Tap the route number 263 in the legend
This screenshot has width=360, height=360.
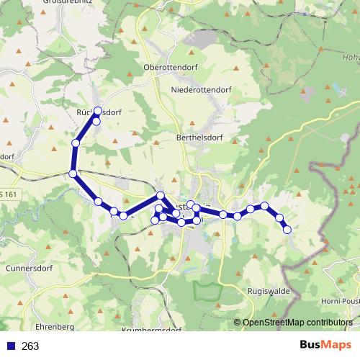click(x=30, y=346)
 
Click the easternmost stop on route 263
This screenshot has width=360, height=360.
click(x=287, y=230)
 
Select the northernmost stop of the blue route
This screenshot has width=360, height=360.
click(x=99, y=112)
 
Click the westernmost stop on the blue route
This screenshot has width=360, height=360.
click(x=73, y=174)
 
